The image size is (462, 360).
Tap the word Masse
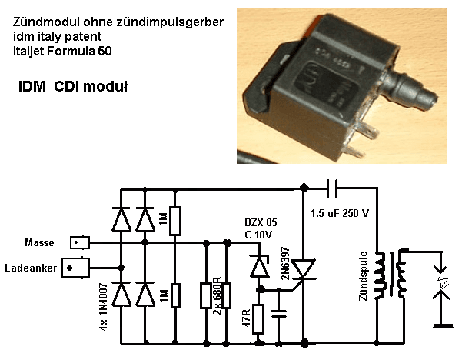(x=40, y=243)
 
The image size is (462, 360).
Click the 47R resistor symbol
(x=259, y=318)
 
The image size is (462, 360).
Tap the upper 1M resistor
(x=175, y=221)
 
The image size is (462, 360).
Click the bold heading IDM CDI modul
(x=73, y=88)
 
